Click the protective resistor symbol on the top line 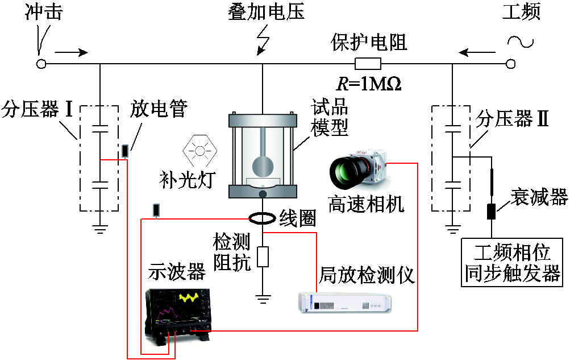point(368,64)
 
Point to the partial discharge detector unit point(345,303)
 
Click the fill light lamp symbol point(200,150)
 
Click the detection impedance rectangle point(263,256)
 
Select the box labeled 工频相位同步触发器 point(512,263)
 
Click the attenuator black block point(491,211)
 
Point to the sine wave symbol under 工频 point(521,42)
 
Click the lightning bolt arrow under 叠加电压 point(263,40)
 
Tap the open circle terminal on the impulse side point(41,64)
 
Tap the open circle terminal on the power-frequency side point(510,64)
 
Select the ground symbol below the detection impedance point(263,299)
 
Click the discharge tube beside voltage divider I point(125,151)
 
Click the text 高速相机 point(366,204)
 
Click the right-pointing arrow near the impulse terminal point(71,53)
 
